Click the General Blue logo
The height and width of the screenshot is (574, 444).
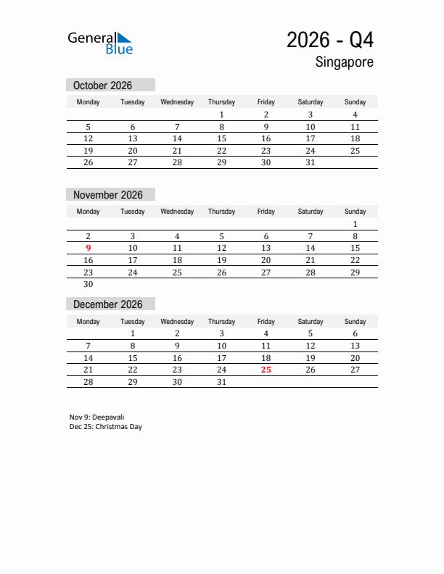[100, 43]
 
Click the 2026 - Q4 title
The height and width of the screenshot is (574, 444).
[330, 40]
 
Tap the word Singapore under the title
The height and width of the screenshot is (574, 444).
[345, 62]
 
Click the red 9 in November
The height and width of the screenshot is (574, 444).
[89, 248]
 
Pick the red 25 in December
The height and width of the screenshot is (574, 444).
[266, 370]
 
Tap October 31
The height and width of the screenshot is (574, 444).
[311, 163]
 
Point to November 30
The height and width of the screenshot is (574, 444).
[89, 285]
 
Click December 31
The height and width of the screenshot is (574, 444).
[222, 382]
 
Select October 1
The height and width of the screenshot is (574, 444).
[222, 115]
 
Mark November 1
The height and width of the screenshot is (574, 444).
[355, 224]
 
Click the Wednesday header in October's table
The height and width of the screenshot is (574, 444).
[177, 102]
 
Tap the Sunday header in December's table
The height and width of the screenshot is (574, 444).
[355, 322]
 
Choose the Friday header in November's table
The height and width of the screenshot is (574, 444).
[266, 212]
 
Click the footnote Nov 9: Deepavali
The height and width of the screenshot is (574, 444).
[97, 417]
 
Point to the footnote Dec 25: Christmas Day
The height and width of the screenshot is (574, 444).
[106, 427]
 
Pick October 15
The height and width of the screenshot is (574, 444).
[222, 138]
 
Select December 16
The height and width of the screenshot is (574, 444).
[177, 358]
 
